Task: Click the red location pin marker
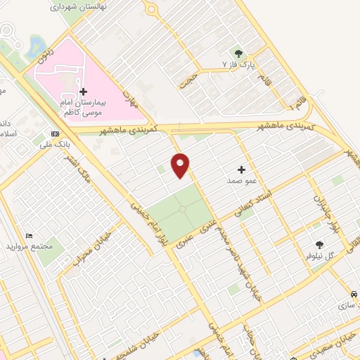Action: (x=181, y=165)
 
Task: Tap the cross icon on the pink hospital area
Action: (x=83, y=91)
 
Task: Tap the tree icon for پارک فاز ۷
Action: (x=238, y=53)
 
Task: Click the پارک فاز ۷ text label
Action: (x=236, y=64)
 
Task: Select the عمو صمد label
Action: (x=239, y=181)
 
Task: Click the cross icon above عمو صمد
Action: (x=241, y=169)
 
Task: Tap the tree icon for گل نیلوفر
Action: (x=319, y=245)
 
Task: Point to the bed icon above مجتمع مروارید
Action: (x=29, y=236)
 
